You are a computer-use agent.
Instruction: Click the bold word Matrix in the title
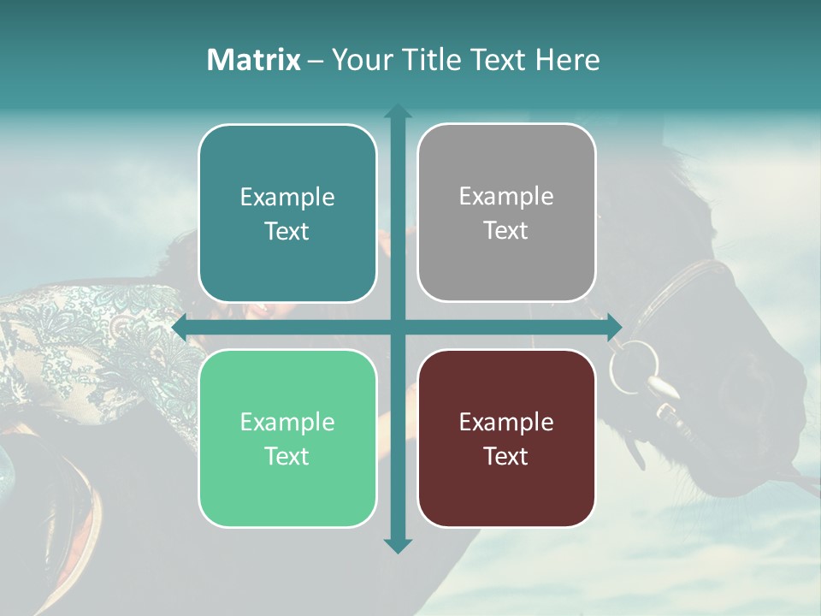[254, 60]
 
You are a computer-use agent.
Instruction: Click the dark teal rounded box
[287, 213]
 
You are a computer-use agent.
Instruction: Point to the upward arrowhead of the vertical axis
[397, 111]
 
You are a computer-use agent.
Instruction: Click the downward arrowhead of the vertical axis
[397, 545]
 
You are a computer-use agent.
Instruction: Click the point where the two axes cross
[397, 328]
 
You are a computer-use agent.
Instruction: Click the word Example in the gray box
[506, 197]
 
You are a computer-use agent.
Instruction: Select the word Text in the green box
[287, 456]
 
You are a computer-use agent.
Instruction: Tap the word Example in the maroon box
[506, 422]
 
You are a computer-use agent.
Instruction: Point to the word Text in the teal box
[287, 231]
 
